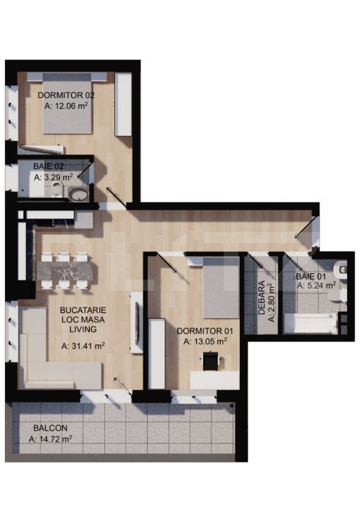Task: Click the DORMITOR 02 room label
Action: click(x=66, y=95)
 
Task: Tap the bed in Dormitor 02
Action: click(x=67, y=109)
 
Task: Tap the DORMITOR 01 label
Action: click(x=206, y=331)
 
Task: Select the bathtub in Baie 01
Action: click(x=310, y=323)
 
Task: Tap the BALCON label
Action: click(x=48, y=428)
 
